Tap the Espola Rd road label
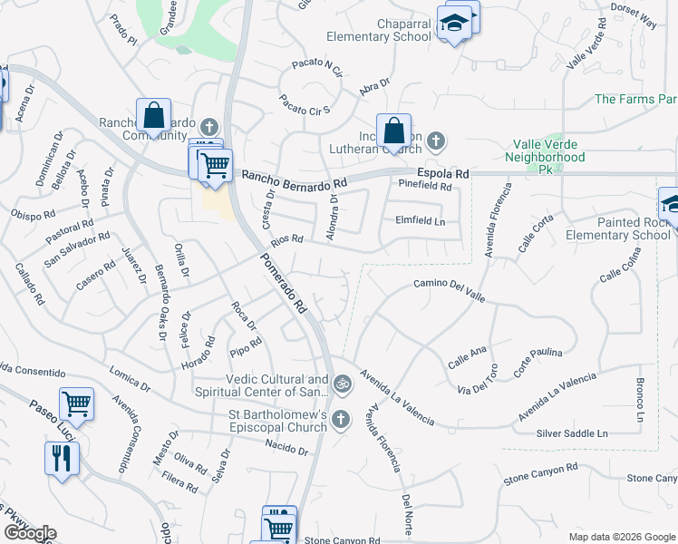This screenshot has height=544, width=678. [x=443, y=173]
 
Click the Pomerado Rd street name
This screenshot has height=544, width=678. [x=285, y=284]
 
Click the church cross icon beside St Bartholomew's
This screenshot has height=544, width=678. [x=341, y=418]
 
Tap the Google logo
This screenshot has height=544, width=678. [x=30, y=533]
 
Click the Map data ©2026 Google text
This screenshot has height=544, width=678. [x=621, y=537]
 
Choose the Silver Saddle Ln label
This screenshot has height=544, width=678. [x=571, y=433]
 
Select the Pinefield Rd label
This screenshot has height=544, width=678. [x=425, y=186]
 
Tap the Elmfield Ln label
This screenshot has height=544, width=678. [x=421, y=219]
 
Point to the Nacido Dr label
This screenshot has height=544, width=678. [x=286, y=447]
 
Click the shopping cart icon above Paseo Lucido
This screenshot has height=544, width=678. [x=76, y=403]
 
